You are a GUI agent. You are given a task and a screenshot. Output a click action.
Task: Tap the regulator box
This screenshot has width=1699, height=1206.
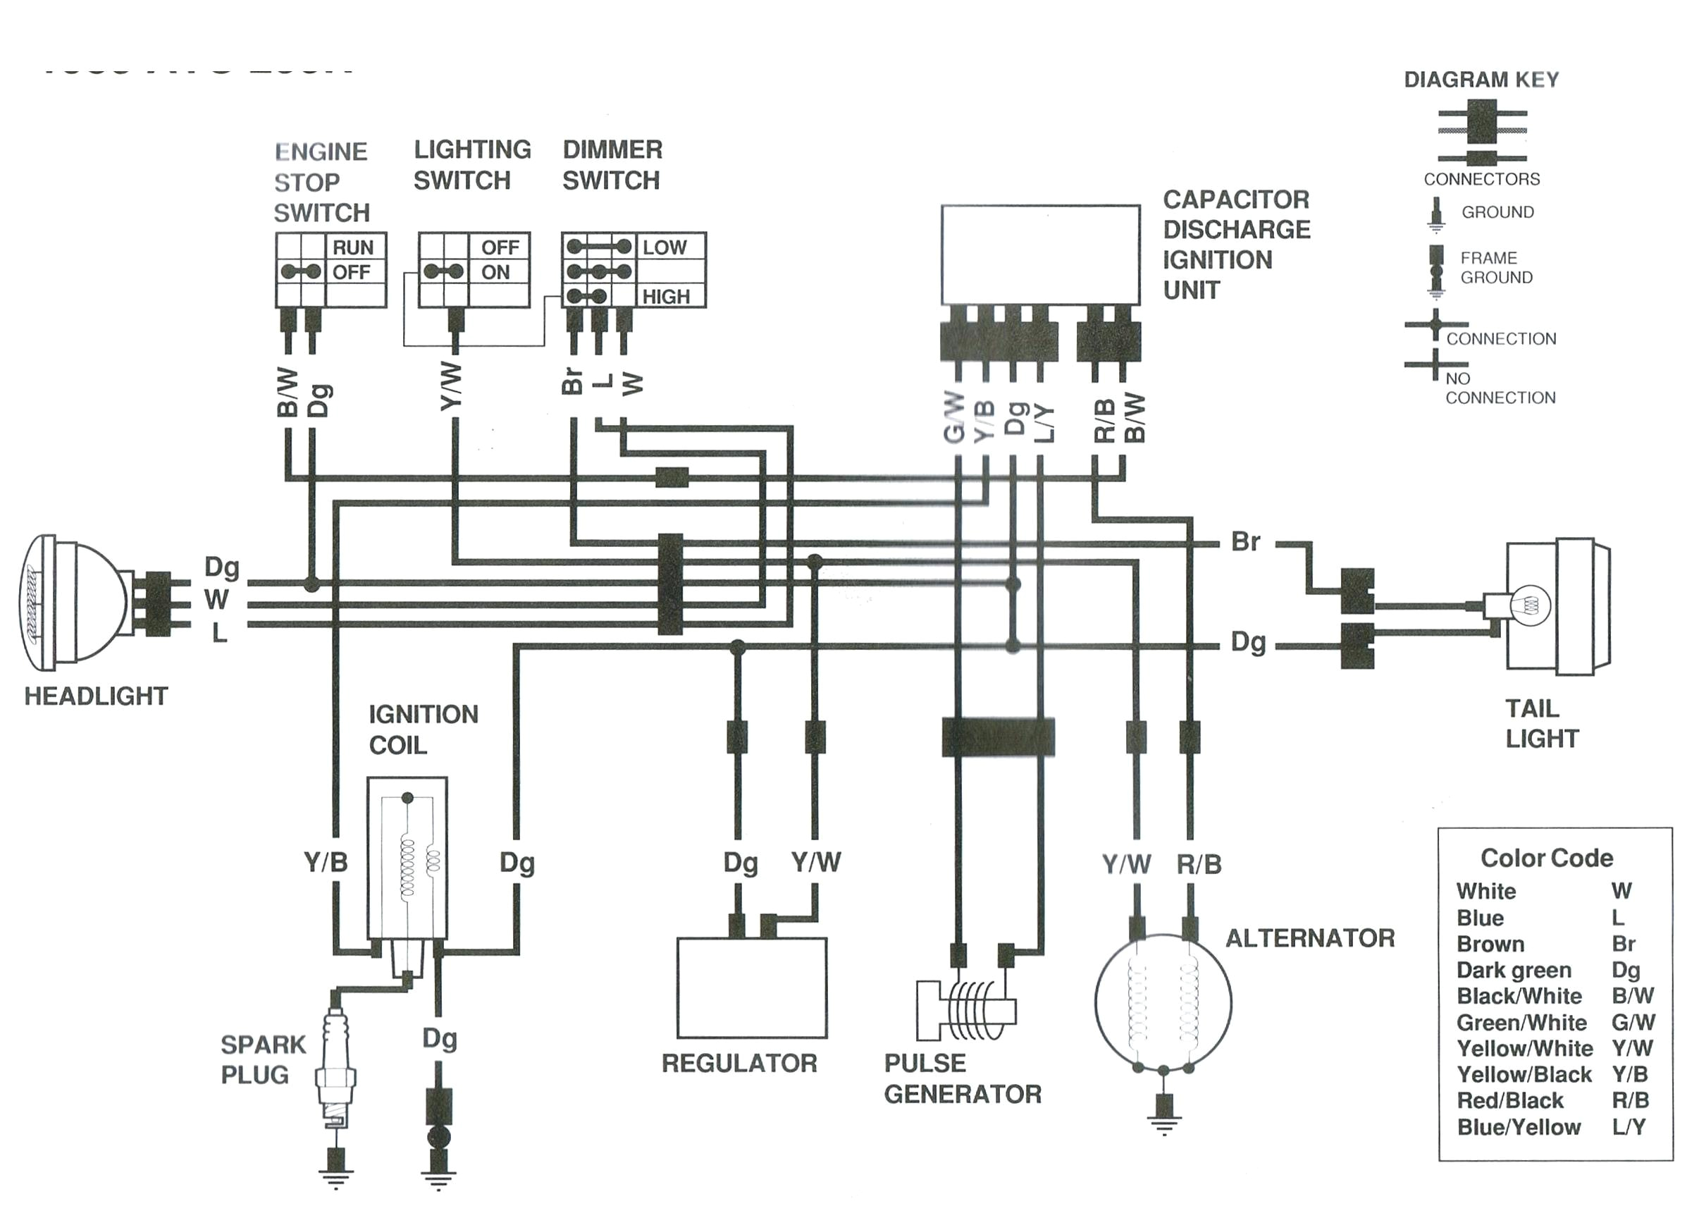(751, 987)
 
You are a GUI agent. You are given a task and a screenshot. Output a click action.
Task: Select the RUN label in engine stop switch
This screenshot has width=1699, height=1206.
(352, 247)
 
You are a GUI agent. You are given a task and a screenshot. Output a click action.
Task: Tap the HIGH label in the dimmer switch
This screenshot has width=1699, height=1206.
(666, 297)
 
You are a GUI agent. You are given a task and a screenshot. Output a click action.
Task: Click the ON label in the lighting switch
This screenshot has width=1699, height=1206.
(495, 273)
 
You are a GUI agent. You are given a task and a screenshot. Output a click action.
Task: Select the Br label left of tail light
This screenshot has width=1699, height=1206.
(1244, 542)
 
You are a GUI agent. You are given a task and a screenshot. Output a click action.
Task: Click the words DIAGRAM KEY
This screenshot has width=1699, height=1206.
(1481, 80)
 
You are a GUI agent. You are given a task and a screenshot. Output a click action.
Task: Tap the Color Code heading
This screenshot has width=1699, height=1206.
(1547, 858)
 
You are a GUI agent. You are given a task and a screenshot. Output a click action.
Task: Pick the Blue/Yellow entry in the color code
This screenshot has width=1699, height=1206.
(1519, 1127)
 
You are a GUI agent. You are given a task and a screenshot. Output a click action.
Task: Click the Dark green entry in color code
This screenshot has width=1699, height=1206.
(1514, 970)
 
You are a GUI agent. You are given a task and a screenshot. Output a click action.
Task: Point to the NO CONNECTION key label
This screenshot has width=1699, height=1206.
(1500, 388)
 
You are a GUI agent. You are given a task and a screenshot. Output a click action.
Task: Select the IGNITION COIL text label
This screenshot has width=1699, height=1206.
(423, 730)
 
